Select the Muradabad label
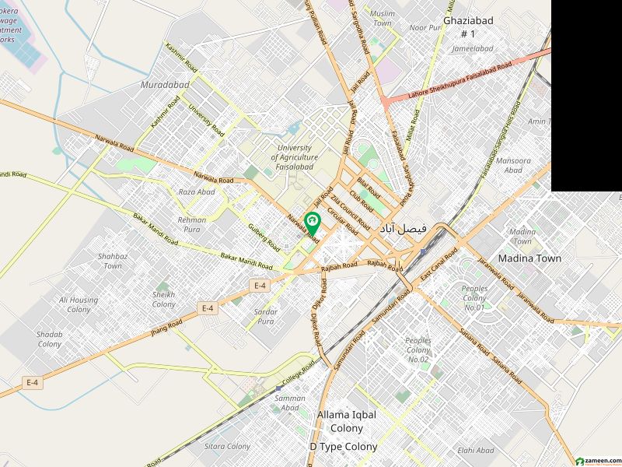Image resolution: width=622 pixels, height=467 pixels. click(x=161, y=84)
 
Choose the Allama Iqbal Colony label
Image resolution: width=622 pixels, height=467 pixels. click(x=346, y=421)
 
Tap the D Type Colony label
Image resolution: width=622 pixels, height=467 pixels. click(x=343, y=447)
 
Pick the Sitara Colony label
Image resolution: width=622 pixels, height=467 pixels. click(x=227, y=447)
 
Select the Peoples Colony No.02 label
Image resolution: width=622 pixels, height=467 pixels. click(x=418, y=350)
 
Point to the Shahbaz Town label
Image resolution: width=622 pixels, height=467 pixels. click(x=113, y=261)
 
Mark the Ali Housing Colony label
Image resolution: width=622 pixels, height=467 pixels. click(x=79, y=304)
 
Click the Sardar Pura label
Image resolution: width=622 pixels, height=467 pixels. click(x=266, y=316)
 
